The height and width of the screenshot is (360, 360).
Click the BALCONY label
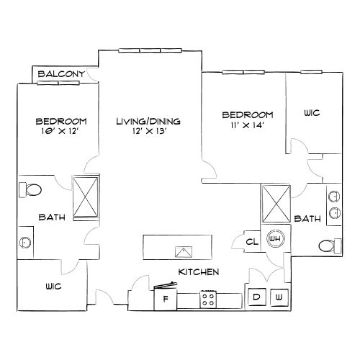(62, 74)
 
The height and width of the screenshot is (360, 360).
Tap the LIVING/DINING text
(148, 121)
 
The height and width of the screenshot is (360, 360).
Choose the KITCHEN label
(198, 271)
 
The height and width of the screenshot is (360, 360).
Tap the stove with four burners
(210, 298)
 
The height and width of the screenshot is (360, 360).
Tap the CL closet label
(252, 243)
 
